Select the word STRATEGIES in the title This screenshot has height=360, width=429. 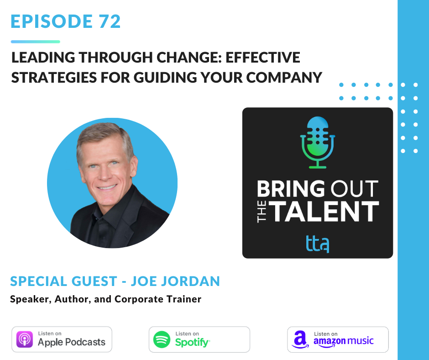[x=54, y=78]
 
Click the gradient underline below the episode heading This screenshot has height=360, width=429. [x=36, y=42]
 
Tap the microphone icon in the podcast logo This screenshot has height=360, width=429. [x=317, y=143]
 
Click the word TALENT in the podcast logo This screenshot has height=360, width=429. [x=324, y=211]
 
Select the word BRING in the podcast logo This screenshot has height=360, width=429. [x=291, y=189]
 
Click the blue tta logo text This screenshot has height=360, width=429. [x=317, y=244]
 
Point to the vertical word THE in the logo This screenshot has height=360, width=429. [x=262, y=212]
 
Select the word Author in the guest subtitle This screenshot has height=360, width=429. [x=73, y=299]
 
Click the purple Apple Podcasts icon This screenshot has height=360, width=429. [x=25, y=339]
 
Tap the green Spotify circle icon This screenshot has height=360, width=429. [x=162, y=339]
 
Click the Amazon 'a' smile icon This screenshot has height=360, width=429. [x=300, y=339]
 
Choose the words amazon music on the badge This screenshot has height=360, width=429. [x=343, y=341]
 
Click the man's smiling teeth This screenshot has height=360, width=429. [x=107, y=188]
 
